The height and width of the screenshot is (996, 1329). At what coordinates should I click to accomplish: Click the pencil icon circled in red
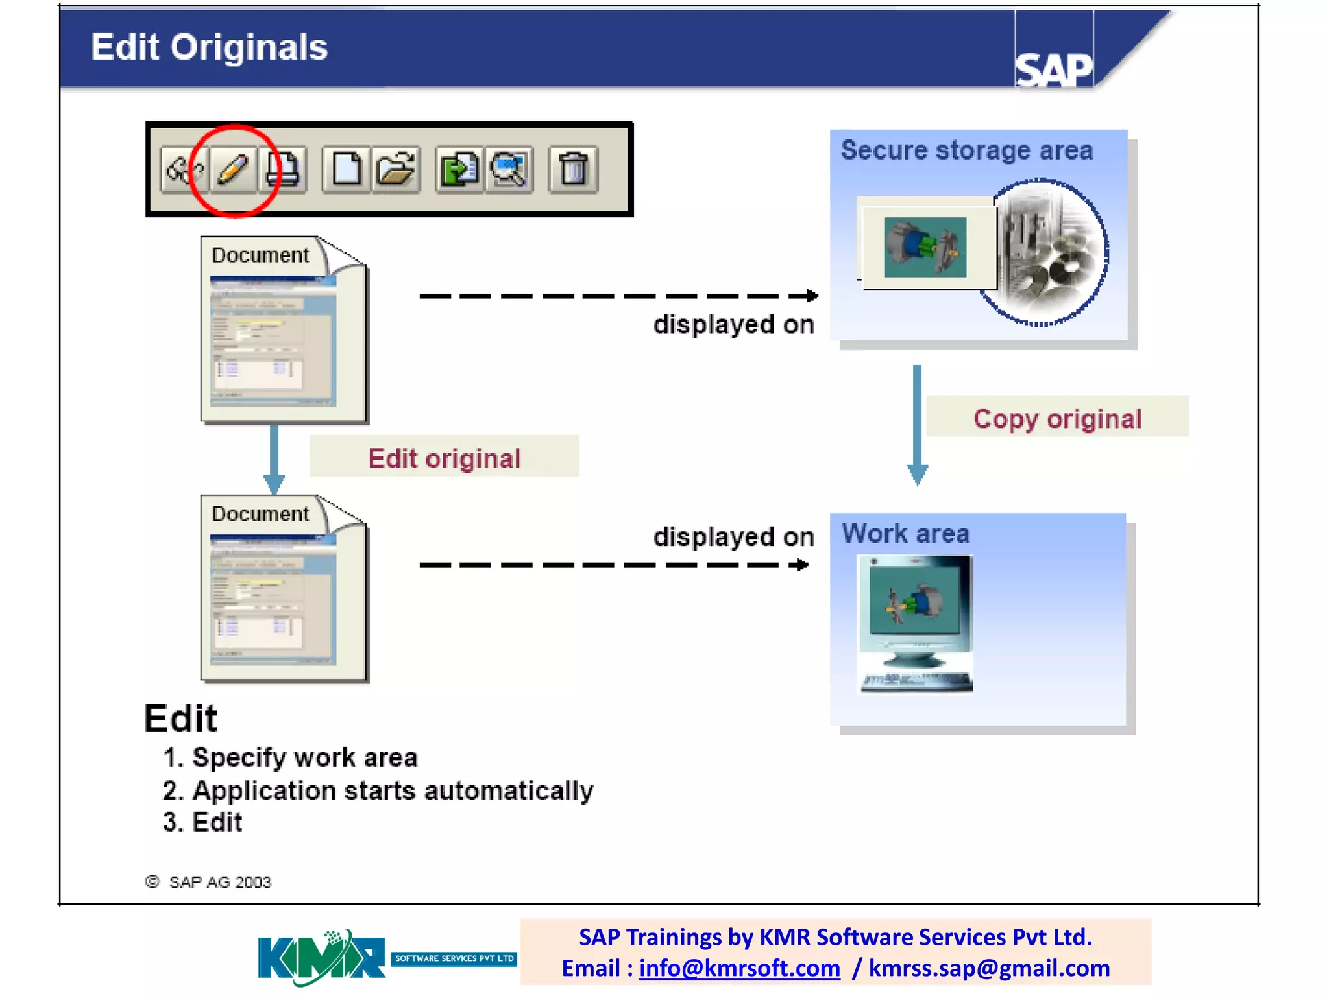[233, 169]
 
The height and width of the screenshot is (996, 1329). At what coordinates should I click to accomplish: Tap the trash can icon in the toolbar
[572, 169]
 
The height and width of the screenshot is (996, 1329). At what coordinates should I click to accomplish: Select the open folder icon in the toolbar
[396, 169]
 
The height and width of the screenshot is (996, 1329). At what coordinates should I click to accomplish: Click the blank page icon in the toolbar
[347, 169]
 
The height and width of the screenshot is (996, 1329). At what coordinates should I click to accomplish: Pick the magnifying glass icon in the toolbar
[509, 169]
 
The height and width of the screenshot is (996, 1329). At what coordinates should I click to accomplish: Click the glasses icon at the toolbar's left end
[184, 169]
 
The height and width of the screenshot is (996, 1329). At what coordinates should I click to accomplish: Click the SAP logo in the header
[1053, 68]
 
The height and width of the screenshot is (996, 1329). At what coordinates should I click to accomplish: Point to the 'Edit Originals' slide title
[209, 47]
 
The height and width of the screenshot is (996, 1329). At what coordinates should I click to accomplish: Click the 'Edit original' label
[444, 458]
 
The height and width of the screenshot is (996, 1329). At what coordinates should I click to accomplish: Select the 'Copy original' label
[1057, 418]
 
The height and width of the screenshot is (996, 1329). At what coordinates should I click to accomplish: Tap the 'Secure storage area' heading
[966, 150]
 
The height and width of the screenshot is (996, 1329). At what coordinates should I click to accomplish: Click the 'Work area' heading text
[905, 534]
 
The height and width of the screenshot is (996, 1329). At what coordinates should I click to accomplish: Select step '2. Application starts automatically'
[378, 790]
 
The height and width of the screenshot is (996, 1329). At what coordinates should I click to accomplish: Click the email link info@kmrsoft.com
[739, 967]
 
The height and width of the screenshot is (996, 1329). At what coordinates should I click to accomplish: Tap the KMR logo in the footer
[321, 957]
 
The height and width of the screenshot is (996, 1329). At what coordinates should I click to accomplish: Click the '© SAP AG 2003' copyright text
[208, 882]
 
